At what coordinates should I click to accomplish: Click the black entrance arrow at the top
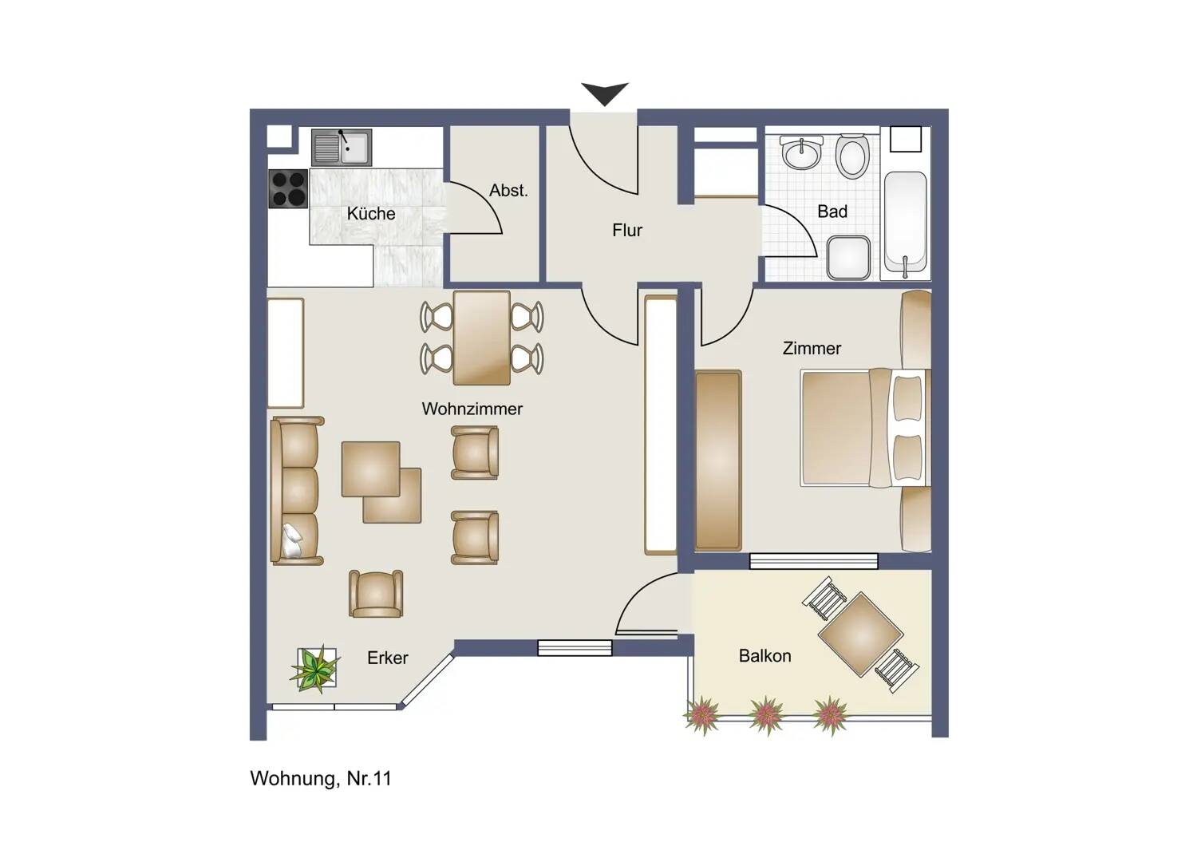(x=605, y=93)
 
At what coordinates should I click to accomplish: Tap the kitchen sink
(x=341, y=147)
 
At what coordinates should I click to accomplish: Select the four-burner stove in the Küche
(x=288, y=189)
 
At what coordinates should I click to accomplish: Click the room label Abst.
(x=508, y=191)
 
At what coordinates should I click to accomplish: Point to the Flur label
(x=627, y=231)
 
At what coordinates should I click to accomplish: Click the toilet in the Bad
(x=852, y=156)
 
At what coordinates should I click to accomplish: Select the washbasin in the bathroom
(x=801, y=152)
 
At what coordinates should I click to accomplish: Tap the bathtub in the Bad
(x=905, y=223)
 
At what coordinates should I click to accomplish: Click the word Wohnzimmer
(x=472, y=409)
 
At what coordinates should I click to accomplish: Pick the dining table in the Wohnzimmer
(x=481, y=338)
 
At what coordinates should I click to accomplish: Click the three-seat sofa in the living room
(x=297, y=491)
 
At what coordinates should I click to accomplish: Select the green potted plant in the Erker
(x=315, y=668)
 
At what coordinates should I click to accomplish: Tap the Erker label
(x=387, y=658)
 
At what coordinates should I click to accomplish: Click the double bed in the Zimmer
(x=865, y=427)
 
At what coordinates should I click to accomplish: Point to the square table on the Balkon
(x=860, y=634)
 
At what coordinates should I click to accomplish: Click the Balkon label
(x=764, y=656)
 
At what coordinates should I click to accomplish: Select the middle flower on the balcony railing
(x=766, y=714)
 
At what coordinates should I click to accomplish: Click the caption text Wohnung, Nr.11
(x=321, y=779)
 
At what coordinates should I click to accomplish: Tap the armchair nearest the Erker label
(x=375, y=594)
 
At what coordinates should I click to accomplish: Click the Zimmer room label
(x=812, y=349)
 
